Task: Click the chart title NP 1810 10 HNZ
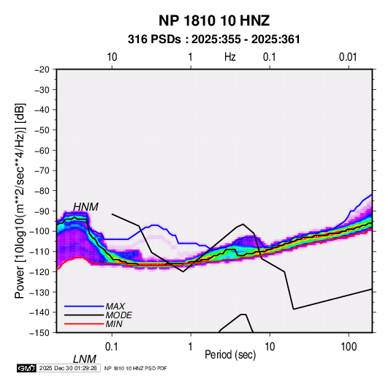(214, 20)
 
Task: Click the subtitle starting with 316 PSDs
(213, 40)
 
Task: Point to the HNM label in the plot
(86, 207)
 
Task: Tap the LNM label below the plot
(85, 359)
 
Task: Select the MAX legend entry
(115, 306)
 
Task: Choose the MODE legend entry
(118, 315)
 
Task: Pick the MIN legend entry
(114, 324)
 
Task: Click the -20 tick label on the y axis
(42, 69)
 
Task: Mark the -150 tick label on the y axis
(39, 333)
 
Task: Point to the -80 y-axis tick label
(42, 191)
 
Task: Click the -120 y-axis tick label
(39, 271)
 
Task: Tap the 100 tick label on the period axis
(349, 347)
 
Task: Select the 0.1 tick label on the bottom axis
(112, 347)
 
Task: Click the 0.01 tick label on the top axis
(348, 57)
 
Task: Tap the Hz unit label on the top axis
(230, 57)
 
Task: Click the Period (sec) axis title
(230, 355)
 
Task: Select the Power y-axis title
(20, 200)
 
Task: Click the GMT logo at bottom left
(27, 368)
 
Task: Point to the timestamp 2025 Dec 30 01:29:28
(68, 368)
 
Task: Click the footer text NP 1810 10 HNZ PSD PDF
(135, 368)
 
